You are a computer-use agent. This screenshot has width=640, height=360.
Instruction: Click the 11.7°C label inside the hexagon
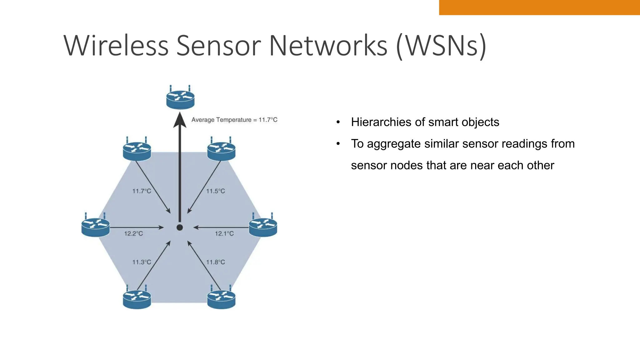click(142, 191)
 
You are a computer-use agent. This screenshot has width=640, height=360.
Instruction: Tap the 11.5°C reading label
click(215, 191)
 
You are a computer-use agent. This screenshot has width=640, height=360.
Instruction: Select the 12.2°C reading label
click(133, 233)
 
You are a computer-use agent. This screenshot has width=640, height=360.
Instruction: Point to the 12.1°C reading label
click(224, 233)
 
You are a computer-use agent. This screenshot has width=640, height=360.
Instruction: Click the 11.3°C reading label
click(142, 262)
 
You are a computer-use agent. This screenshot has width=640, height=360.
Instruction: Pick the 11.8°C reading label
click(215, 262)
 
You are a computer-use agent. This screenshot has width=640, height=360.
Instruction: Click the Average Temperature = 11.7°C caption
click(234, 120)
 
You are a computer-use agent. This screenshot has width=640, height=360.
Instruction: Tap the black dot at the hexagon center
click(180, 227)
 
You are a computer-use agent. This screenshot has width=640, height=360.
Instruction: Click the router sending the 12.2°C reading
click(96, 226)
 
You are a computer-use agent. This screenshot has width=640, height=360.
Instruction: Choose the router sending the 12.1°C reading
click(263, 226)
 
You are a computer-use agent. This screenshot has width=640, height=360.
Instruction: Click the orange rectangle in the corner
click(539, 7)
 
